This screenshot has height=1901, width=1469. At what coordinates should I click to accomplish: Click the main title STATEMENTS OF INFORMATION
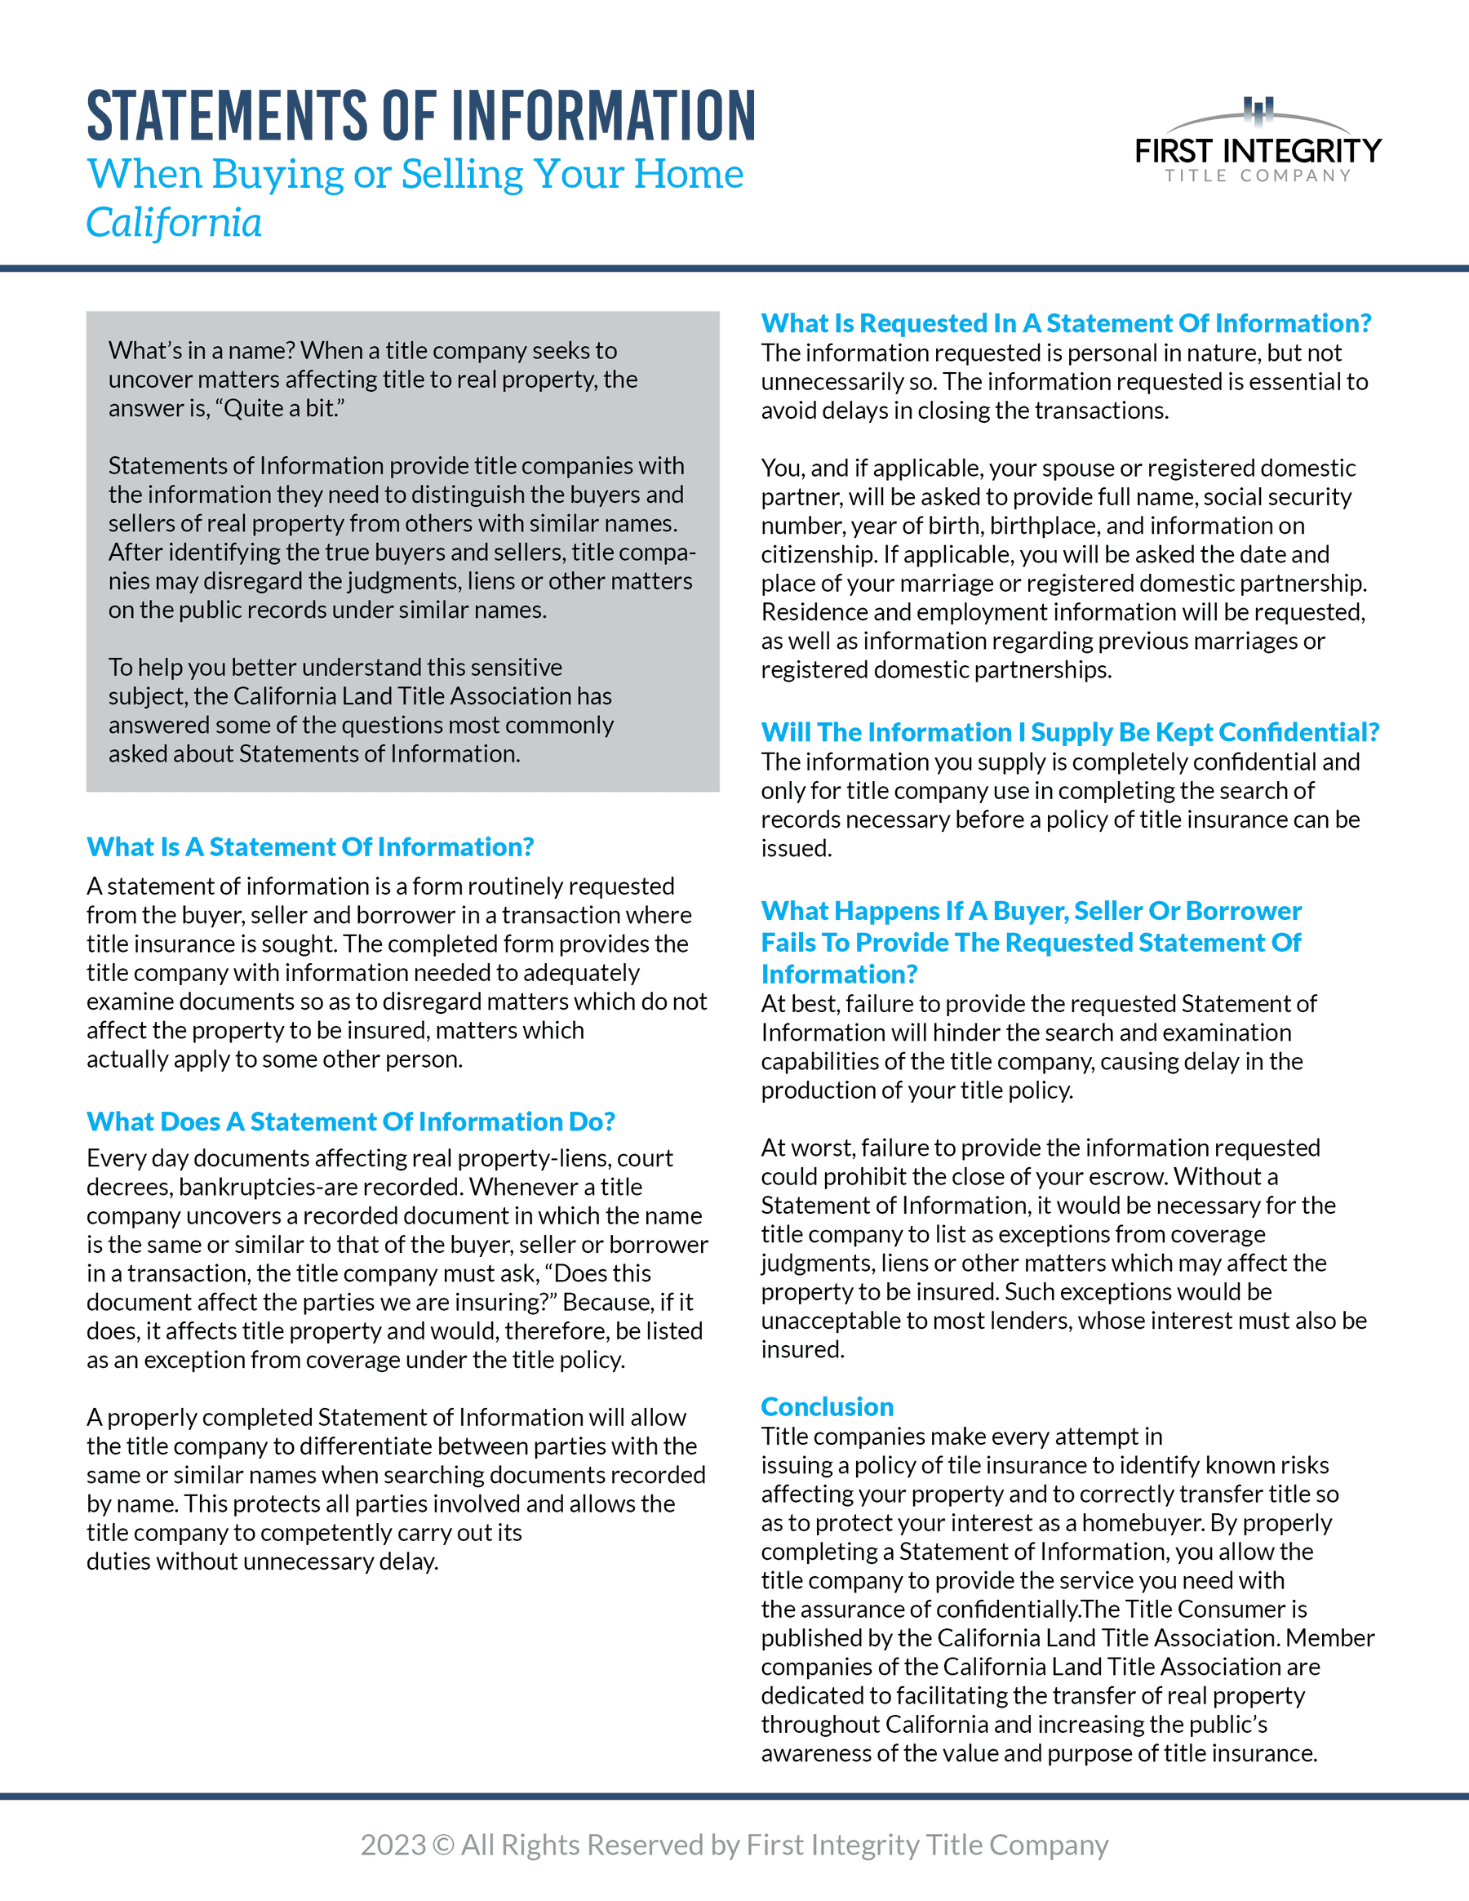pos(421,116)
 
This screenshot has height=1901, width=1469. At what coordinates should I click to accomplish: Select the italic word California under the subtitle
pos(174,223)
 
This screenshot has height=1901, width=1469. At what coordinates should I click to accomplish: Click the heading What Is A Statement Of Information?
pos(310,847)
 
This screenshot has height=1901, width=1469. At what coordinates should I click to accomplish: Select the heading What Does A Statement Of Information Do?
pos(351,1122)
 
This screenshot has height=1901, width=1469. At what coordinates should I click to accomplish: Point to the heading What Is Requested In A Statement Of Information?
pos(1066,323)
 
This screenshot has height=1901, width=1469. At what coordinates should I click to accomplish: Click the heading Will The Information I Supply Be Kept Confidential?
pos(1070,732)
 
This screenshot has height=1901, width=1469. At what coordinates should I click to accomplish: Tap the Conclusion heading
pos(827,1406)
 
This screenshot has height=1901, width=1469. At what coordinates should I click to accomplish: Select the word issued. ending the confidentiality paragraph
pos(797,849)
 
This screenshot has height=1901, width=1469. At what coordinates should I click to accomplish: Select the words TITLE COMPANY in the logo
pos(1258,175)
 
